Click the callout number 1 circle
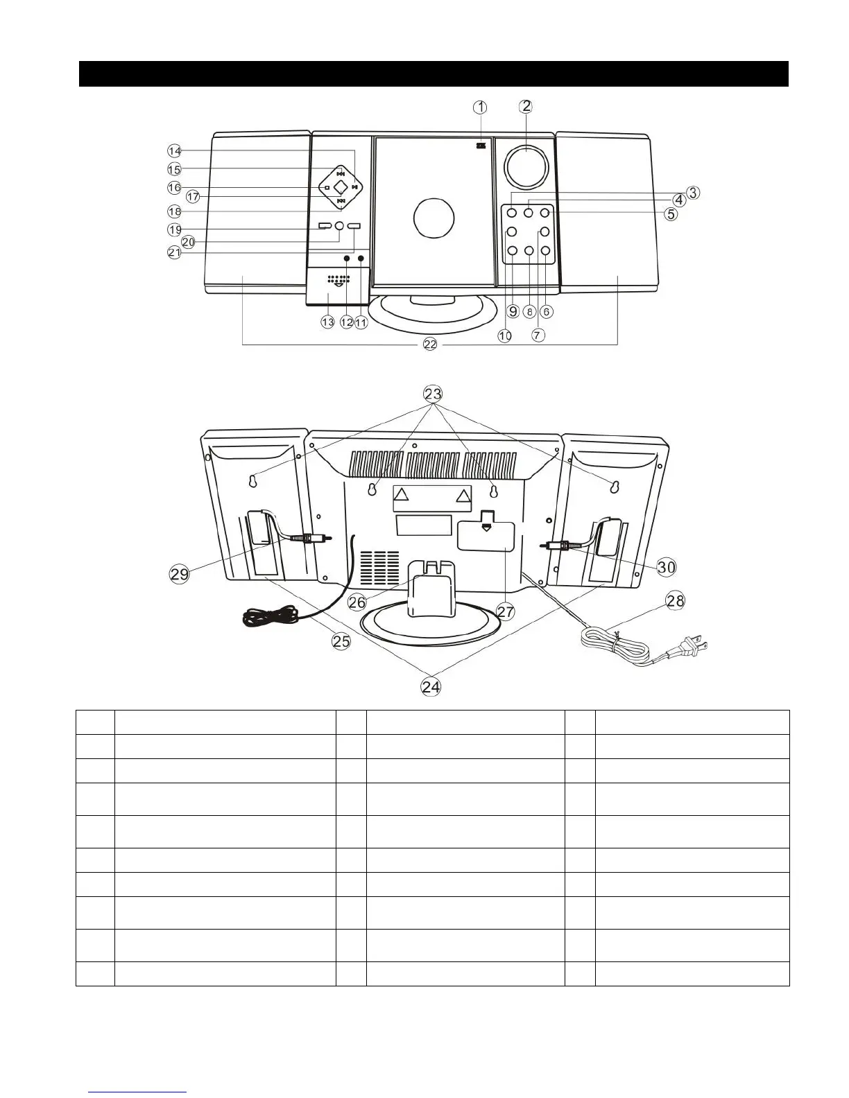point(480,107)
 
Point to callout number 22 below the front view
point(430,344)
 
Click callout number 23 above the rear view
point(432,394)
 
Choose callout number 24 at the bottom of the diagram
point(431,687)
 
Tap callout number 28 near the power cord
point(675,601)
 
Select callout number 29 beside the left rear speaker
point(180,573)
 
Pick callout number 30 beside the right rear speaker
point(667,567)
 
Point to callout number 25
point(341,641)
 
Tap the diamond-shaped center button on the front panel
point(340,187)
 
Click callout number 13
point(327,322)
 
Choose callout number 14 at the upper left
point(174,150)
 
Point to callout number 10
point(504,335)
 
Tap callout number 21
point(174,253)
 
